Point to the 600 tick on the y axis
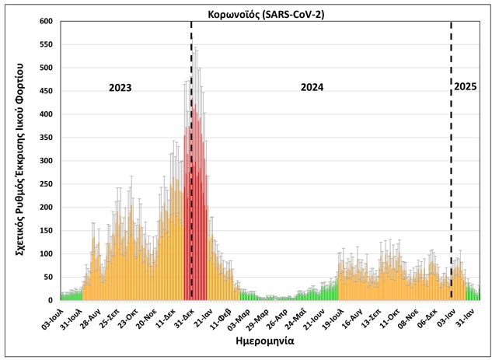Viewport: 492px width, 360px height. click(x=47, y=21)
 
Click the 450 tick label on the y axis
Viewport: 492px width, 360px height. click(x=47, y=91)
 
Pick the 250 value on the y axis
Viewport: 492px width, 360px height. click(x=47, y=184)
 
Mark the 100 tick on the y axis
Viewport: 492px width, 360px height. click(x=47, y=254)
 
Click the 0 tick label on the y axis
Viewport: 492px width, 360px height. click(x=52, y=300)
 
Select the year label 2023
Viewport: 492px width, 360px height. click(x=120, y=87)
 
